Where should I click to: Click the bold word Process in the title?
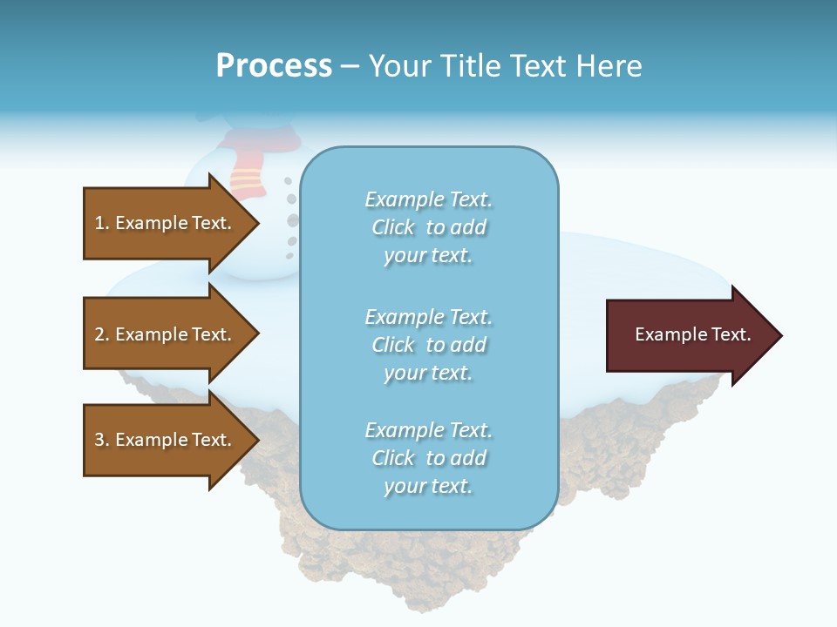[274, 66]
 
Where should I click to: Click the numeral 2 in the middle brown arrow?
[99, 334]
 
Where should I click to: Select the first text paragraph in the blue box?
[428, 227]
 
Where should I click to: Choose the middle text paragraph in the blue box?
[428, 345]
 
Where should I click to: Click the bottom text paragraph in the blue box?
[428, 458]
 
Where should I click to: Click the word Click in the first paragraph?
[393, 228]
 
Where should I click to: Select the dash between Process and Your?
[350, 67]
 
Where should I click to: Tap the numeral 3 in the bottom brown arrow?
[99, 440]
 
